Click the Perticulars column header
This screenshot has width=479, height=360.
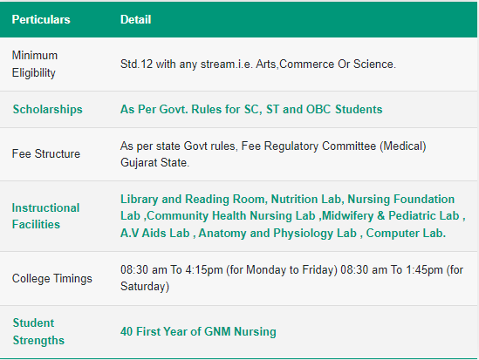click(x=41, y=19)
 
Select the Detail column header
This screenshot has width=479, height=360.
click(x=135, y=19)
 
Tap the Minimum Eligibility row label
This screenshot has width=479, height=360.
click(x=35, y=65)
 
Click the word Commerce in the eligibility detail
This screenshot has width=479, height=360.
click(x=307, y=65)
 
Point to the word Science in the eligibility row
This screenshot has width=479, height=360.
click(x=374, y=65)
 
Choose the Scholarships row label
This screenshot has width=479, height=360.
click(x=48, y=109)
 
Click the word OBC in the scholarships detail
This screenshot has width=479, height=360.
click(x=318, y=109)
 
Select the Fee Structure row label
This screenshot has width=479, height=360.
click(x=46, y=153)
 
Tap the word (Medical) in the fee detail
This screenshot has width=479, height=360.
click(x=402, y=146)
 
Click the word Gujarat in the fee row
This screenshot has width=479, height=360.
click(x=139, y=163)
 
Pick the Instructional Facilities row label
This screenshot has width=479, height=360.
click(x=45, y=216)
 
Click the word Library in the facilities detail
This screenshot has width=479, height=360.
click(x=140, y=200)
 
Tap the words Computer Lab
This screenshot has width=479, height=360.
click(x=406, y=233)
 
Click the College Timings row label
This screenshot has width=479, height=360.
click(x=52, y=279)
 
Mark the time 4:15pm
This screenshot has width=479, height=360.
click(x=204, y=270)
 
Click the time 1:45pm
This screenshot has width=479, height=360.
click(x=425, y=270)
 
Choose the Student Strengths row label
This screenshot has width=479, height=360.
click(x=38, y=331)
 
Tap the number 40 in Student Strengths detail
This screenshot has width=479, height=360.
click(x=127, y=331)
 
